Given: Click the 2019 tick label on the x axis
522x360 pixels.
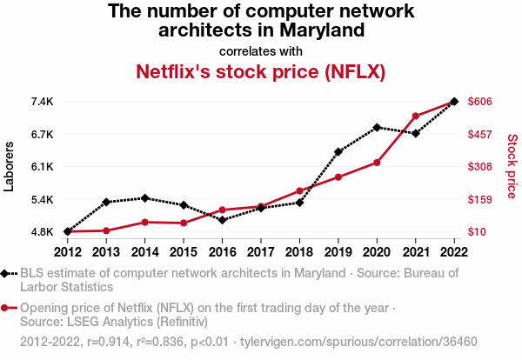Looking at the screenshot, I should pyautogui.click(x=338, y=251).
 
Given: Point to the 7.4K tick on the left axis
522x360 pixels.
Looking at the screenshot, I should pyautogui.click(x=43, y=102).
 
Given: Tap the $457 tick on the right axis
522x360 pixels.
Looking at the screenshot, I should pyautogui.click(x=481, y=134).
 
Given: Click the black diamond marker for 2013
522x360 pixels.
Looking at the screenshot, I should pyautogui.click(x=106, y=202).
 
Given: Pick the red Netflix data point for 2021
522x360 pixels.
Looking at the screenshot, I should pyautogui.click(x=416, y=117).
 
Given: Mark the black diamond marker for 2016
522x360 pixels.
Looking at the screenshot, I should pyautogui.click(x=222, y=220).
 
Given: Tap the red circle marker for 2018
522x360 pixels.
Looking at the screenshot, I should pyautogui.click(x=299, y=190).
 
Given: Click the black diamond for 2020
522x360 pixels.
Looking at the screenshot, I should pyautogui.click(x=377, y=127).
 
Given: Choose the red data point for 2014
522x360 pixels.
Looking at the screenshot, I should pyautogui.click(x=144, y=223).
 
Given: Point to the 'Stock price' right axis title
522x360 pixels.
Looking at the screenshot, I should pyautogui.click(x=512, y=165).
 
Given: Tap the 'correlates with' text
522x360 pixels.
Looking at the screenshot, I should pyautogui.click(x=261, y=50).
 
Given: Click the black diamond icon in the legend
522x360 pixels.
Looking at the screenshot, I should pyautogui.click(x=7, y=274).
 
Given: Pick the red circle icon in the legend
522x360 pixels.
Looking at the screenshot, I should pyautogui.click(x=7, y=308).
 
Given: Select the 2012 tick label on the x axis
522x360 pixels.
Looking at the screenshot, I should pyautogui.click(x=67, y=251).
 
